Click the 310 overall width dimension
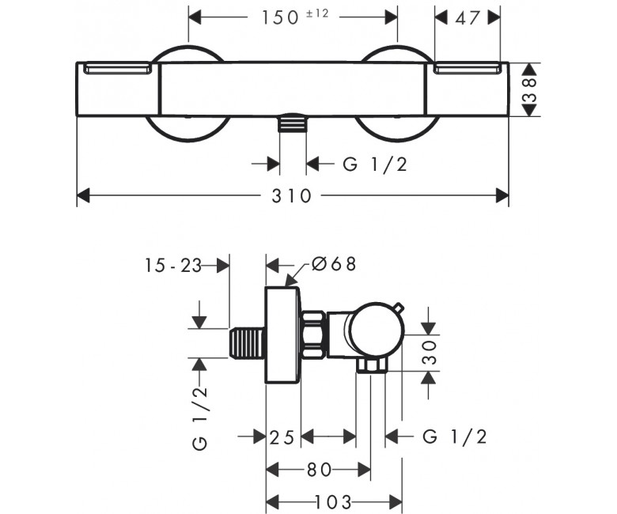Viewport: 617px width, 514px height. pyautogui.click(x=292, y=196)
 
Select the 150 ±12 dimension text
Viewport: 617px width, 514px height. pyautogui.click(x=295, y=17)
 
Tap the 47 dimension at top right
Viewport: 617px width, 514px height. pyautogui.click(x=467, y=17)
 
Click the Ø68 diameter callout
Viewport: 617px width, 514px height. pyautogui.click(x=334, y=264)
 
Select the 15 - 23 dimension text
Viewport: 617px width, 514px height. pyautogui.click(x=173, y=266)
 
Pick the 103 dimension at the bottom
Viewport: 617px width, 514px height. pyautogui.click(x=333, y=502)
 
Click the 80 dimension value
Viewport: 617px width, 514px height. pyautogui.click(x=319, y=470)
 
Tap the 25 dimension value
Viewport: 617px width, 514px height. pyautogui.click(x=282, y=437)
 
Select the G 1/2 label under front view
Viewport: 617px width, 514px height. pyautogui.click(x=375, y=164)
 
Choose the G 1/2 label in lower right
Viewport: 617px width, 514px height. pyautogui.click(x=455, y=437)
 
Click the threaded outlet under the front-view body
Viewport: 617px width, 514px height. pyautogui.click(x=293, y=123)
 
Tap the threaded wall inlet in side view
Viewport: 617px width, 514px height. pyautogui.click(x=247, y=342)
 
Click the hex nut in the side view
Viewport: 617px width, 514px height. pyautogui.click(x=314, y=334)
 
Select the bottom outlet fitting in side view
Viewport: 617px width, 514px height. pyautogui.click(x=372, y=365)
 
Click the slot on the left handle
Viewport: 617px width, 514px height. pyautogui.click(x=118, y=70)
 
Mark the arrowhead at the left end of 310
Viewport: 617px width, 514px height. pyautogui.click(x=83, y=195)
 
